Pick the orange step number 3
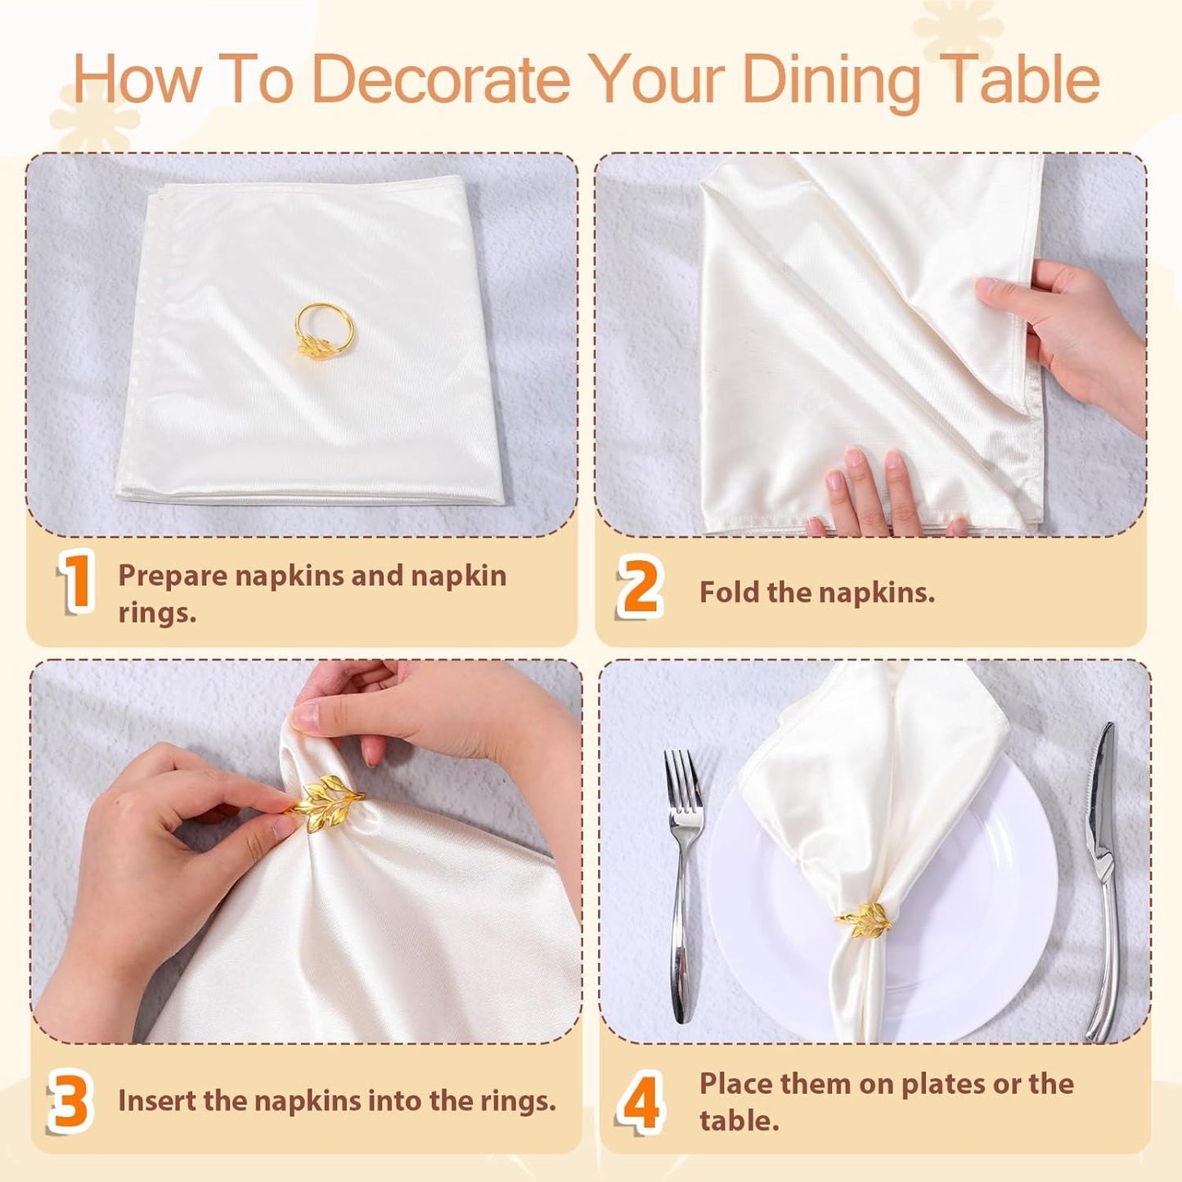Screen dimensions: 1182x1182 [x=70, y=1100]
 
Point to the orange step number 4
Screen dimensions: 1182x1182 [x=639, y=1102]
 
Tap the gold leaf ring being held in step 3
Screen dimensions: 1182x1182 [x=324, y=802]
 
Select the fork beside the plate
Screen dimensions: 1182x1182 [x=682, y=883]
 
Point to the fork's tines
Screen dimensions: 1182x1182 [x=681, y=777]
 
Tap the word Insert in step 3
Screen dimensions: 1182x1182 [x=157, y=1101]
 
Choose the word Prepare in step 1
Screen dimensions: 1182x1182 [x=173, y=576]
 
